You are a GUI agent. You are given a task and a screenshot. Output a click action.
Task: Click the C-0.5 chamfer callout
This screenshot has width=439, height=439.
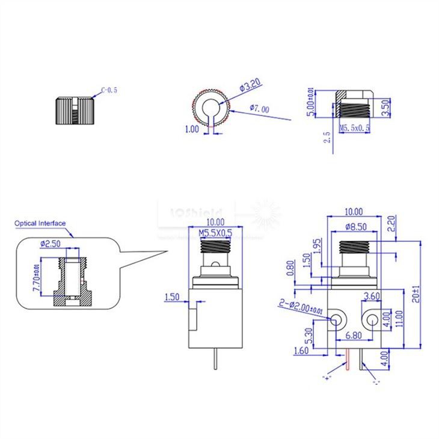[109, 90]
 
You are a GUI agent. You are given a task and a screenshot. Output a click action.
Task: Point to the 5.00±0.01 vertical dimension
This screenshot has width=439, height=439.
[310, 102]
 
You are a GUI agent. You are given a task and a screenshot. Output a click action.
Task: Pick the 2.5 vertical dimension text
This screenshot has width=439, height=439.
[327, 137]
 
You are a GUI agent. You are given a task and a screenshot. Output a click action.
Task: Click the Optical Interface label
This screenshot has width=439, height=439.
[40, 223]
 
